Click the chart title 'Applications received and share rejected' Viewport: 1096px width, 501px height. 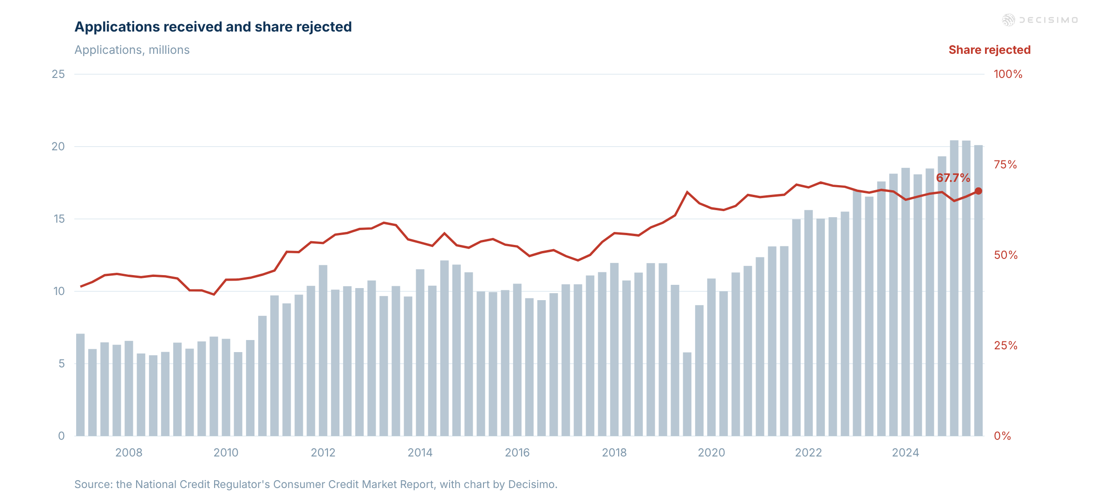coord(213,27)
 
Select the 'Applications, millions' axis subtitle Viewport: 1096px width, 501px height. coord(132,50)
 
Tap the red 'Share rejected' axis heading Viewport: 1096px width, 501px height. coord(989,50)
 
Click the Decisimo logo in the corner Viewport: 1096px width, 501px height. coord(1040,20)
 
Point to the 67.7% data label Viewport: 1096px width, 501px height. coord(953,178)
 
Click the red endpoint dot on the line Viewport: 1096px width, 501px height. coord(978,191)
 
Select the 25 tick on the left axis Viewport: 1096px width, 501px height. coord(58,74)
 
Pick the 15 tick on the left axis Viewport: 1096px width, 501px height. coord(59,219)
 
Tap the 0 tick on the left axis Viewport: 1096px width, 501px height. coord(61,436)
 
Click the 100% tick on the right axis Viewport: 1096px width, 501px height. coord(1008,74)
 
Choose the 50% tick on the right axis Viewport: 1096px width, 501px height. coord(1005,255)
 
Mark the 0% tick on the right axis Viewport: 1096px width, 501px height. coord(1002,436)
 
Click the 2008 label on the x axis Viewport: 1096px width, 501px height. coord(129,453)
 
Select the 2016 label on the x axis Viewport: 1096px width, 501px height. coord(517,453)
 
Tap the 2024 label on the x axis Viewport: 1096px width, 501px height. coord(906,453)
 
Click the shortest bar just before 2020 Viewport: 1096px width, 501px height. coord(687,394)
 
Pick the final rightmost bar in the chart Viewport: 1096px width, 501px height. coord(978,291)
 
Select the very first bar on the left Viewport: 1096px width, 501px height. coord(80,385)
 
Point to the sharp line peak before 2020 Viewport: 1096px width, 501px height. coord(687,192)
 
